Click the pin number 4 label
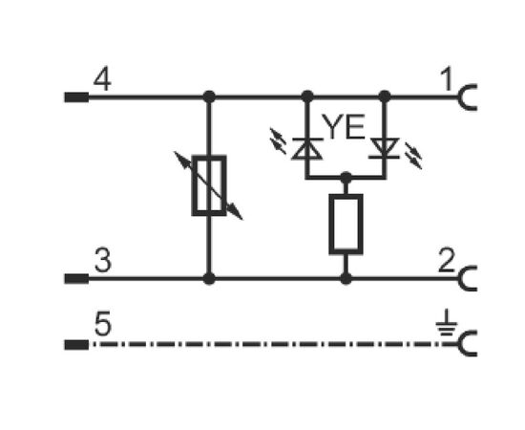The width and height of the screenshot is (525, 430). (102, 79)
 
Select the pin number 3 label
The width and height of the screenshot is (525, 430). (103, 260)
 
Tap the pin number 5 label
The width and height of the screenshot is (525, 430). (103, 324)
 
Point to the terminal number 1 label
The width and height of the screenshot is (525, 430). (447, 79)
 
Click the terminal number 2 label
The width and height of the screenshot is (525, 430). (447, 261)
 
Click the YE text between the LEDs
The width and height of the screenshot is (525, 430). (345, 127)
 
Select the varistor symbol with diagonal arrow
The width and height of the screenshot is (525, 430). (209, 185)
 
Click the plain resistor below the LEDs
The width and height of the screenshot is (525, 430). (346, 225)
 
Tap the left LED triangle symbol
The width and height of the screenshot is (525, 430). (307, 148)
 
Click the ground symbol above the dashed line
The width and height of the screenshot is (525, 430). (447, 323)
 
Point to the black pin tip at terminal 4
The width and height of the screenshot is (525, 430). (76, 97)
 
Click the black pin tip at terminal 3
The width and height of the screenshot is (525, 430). (76, 278)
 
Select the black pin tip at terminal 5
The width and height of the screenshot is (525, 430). (76, 345)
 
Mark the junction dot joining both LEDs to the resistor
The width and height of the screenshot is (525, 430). (346, 178)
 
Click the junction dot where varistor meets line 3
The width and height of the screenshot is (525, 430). (209, 278)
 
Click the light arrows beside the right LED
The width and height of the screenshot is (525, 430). (413, 156)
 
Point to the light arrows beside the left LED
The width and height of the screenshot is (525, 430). (278, 140)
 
